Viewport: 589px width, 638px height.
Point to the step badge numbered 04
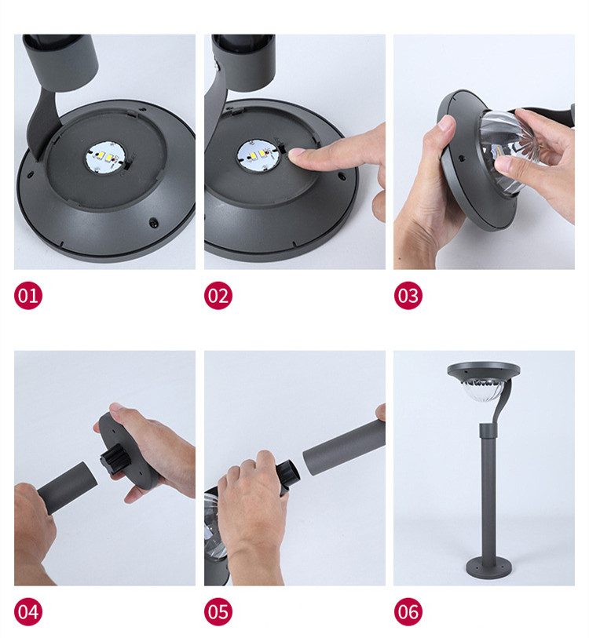(28, 611)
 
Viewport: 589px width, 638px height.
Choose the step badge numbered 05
(218, 611)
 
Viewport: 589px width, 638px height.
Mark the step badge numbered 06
(408, 611)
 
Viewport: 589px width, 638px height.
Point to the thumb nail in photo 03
(446, 124)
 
